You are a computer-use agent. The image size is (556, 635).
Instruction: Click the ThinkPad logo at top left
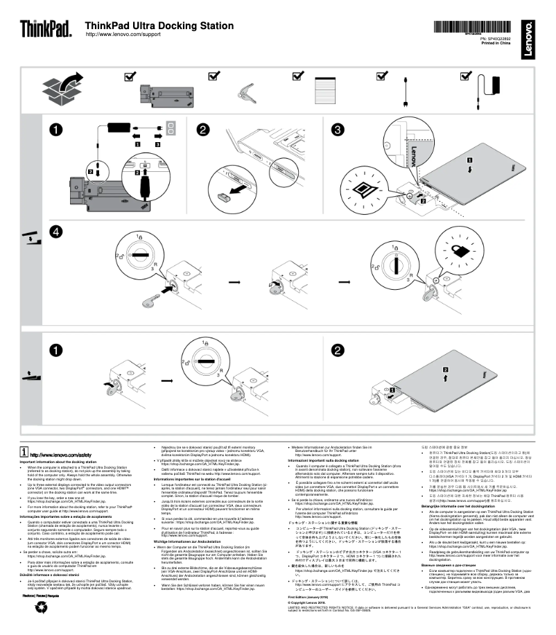pos(45,28)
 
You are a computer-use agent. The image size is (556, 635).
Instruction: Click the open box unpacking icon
pos(60,89)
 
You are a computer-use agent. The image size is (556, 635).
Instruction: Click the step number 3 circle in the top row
pos(338,130)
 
